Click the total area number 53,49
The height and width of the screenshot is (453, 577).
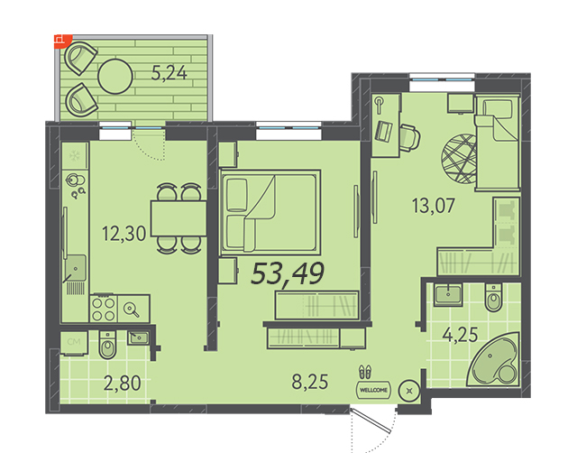coord(288,274)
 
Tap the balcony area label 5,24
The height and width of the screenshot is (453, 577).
coord(169,74)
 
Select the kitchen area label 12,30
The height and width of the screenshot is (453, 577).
coord(124,234)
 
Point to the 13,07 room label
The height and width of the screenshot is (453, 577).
coord(434,206)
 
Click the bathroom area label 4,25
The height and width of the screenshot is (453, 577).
coord(460,335)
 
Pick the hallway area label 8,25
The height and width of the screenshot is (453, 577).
coord(310,382)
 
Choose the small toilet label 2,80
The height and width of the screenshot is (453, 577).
coord(123,384)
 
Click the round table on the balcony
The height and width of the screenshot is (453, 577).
coord(115,76)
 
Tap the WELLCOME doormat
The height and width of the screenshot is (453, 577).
coord(373,390)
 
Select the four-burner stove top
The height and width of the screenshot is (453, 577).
coord(104,309)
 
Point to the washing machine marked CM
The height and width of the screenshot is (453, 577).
coord(74,343)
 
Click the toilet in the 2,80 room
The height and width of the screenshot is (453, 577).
coord(107,345)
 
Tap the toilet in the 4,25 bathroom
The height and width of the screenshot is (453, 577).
coord(493,298)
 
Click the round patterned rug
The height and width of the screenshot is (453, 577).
coord(459,159)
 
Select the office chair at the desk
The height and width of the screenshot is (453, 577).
coord(409,138)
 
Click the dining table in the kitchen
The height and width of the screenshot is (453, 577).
coord(179,218)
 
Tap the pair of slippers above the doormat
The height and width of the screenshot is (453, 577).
coord(365,372)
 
